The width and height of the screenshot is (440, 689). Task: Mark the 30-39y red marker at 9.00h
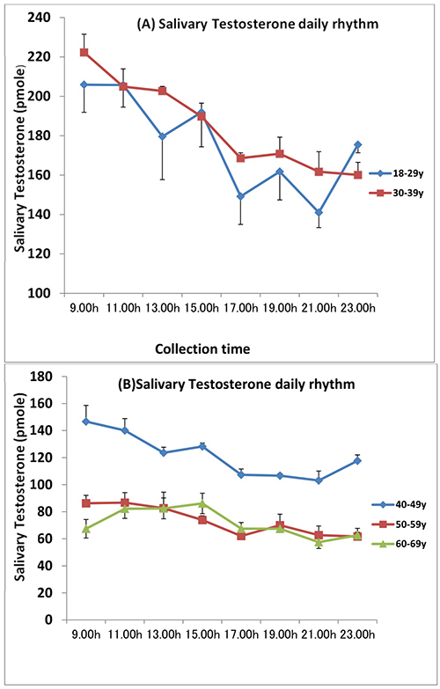pyautogui.click(x=84, y=52)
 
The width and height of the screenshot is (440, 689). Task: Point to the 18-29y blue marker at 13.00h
pyautogui.click(x=162, y=136)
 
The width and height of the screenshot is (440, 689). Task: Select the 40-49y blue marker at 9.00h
pyautogui.click(x=84, y=421)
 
